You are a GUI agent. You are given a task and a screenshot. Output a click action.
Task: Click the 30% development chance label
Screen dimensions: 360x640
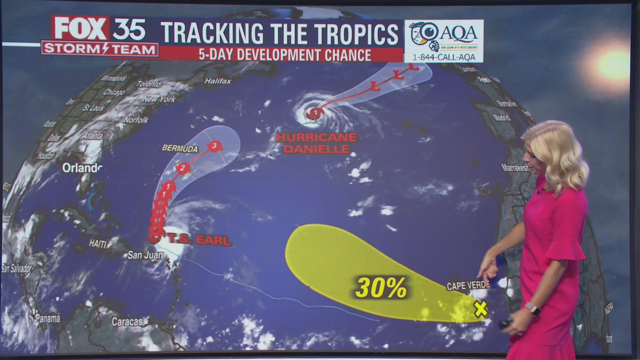click(x=381, y=287)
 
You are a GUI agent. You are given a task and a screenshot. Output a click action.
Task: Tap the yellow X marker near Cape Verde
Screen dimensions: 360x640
click(x=480, y=309)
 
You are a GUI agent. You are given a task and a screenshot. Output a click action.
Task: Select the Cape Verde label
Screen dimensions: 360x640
click(x=468, y=285)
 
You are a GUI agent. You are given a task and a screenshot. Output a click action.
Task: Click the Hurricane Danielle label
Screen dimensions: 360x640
click(x=316, y=142)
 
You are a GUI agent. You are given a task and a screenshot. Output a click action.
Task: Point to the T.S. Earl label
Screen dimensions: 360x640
click(x=199, y=240)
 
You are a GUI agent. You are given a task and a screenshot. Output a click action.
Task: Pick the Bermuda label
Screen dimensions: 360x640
click(x=179, y=148)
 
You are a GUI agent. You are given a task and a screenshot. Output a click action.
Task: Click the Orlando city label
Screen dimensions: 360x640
click(x=82, y=168)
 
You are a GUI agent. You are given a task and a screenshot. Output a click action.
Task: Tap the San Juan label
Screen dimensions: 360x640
click(x=145, y=255)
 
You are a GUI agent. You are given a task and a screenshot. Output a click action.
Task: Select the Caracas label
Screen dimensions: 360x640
click(x=127, y=321)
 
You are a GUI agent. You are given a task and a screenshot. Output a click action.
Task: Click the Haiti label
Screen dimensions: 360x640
click(x=98, y=243)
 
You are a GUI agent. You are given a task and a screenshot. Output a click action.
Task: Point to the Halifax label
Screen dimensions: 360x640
click(x=217, y=81)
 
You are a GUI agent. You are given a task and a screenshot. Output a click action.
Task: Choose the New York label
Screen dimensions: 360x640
click(x=158, y=99)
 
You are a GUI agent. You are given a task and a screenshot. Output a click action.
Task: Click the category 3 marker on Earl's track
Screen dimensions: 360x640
click(x=214, y=146)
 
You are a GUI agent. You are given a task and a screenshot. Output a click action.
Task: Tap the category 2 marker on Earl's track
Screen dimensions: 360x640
click(x=183, y=168)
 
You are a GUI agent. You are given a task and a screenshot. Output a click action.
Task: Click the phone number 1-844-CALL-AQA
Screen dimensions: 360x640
click(x=444, y=57)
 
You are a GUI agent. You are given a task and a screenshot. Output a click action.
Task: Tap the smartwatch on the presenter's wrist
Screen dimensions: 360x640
click(x=532, y=309)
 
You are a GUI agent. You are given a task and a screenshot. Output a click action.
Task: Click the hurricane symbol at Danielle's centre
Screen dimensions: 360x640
click(x=314, y=114)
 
